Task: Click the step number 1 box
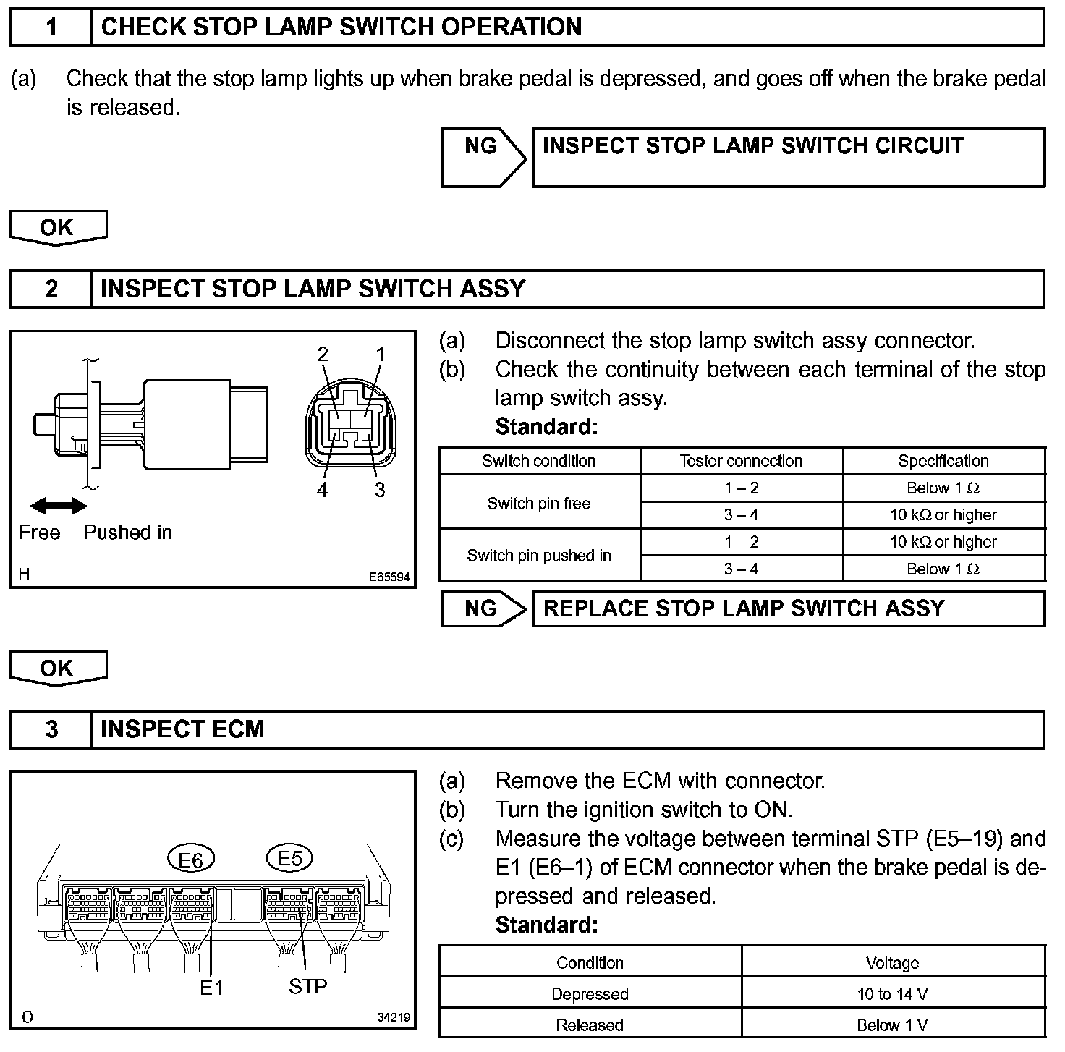click(51, 27)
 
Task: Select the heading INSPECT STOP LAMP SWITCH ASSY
click(313, 289)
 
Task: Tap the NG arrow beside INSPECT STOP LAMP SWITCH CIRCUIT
click(483, 158)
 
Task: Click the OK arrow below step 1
click(57, 228)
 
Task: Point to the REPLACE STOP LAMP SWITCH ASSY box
click(788, 608)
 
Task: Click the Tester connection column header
click(741, 461)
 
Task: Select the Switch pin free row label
click(539, 503)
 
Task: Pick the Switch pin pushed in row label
click(539, 556)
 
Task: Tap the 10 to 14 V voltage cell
click(892, 994)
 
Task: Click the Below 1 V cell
click(892, 1025)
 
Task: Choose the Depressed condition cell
click(590, 994)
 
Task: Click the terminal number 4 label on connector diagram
click(322, 491)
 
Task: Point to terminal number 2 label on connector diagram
click(323, 354)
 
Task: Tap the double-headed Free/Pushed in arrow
click(58, 506)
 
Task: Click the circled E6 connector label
click(190, 860)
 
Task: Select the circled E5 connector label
click(289, 858)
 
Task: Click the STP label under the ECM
click(308, 986)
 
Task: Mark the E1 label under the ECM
click(211, 988)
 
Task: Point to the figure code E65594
click(389, 577)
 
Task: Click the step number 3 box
click(51, 729)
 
